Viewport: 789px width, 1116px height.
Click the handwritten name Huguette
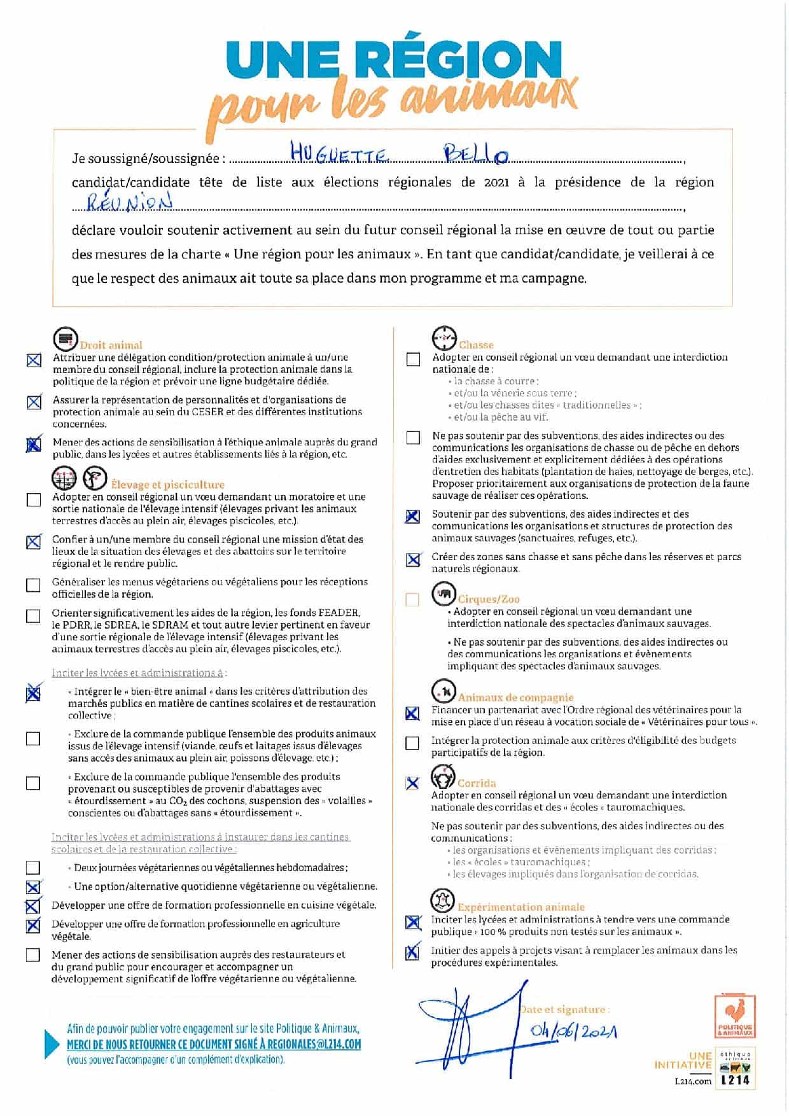(x=339, y=153)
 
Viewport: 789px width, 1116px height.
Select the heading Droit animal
(x=111, y=345)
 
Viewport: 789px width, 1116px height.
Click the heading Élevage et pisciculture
(x=167, y=484)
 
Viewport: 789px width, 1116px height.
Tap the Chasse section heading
(x=476, y=345)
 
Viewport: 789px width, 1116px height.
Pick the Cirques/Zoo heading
(x=489, y=599)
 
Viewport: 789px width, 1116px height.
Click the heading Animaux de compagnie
(x=515, y=697)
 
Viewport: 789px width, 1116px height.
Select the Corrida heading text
(x=477, y=783)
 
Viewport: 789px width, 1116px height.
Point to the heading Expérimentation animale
(x=520, y=907)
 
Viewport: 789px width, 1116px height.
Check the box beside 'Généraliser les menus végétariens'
(x=33, y=585)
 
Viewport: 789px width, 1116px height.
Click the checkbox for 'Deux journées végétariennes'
(x=33, y=868)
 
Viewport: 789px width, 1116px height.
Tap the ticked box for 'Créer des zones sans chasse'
(x=413, y=559)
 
